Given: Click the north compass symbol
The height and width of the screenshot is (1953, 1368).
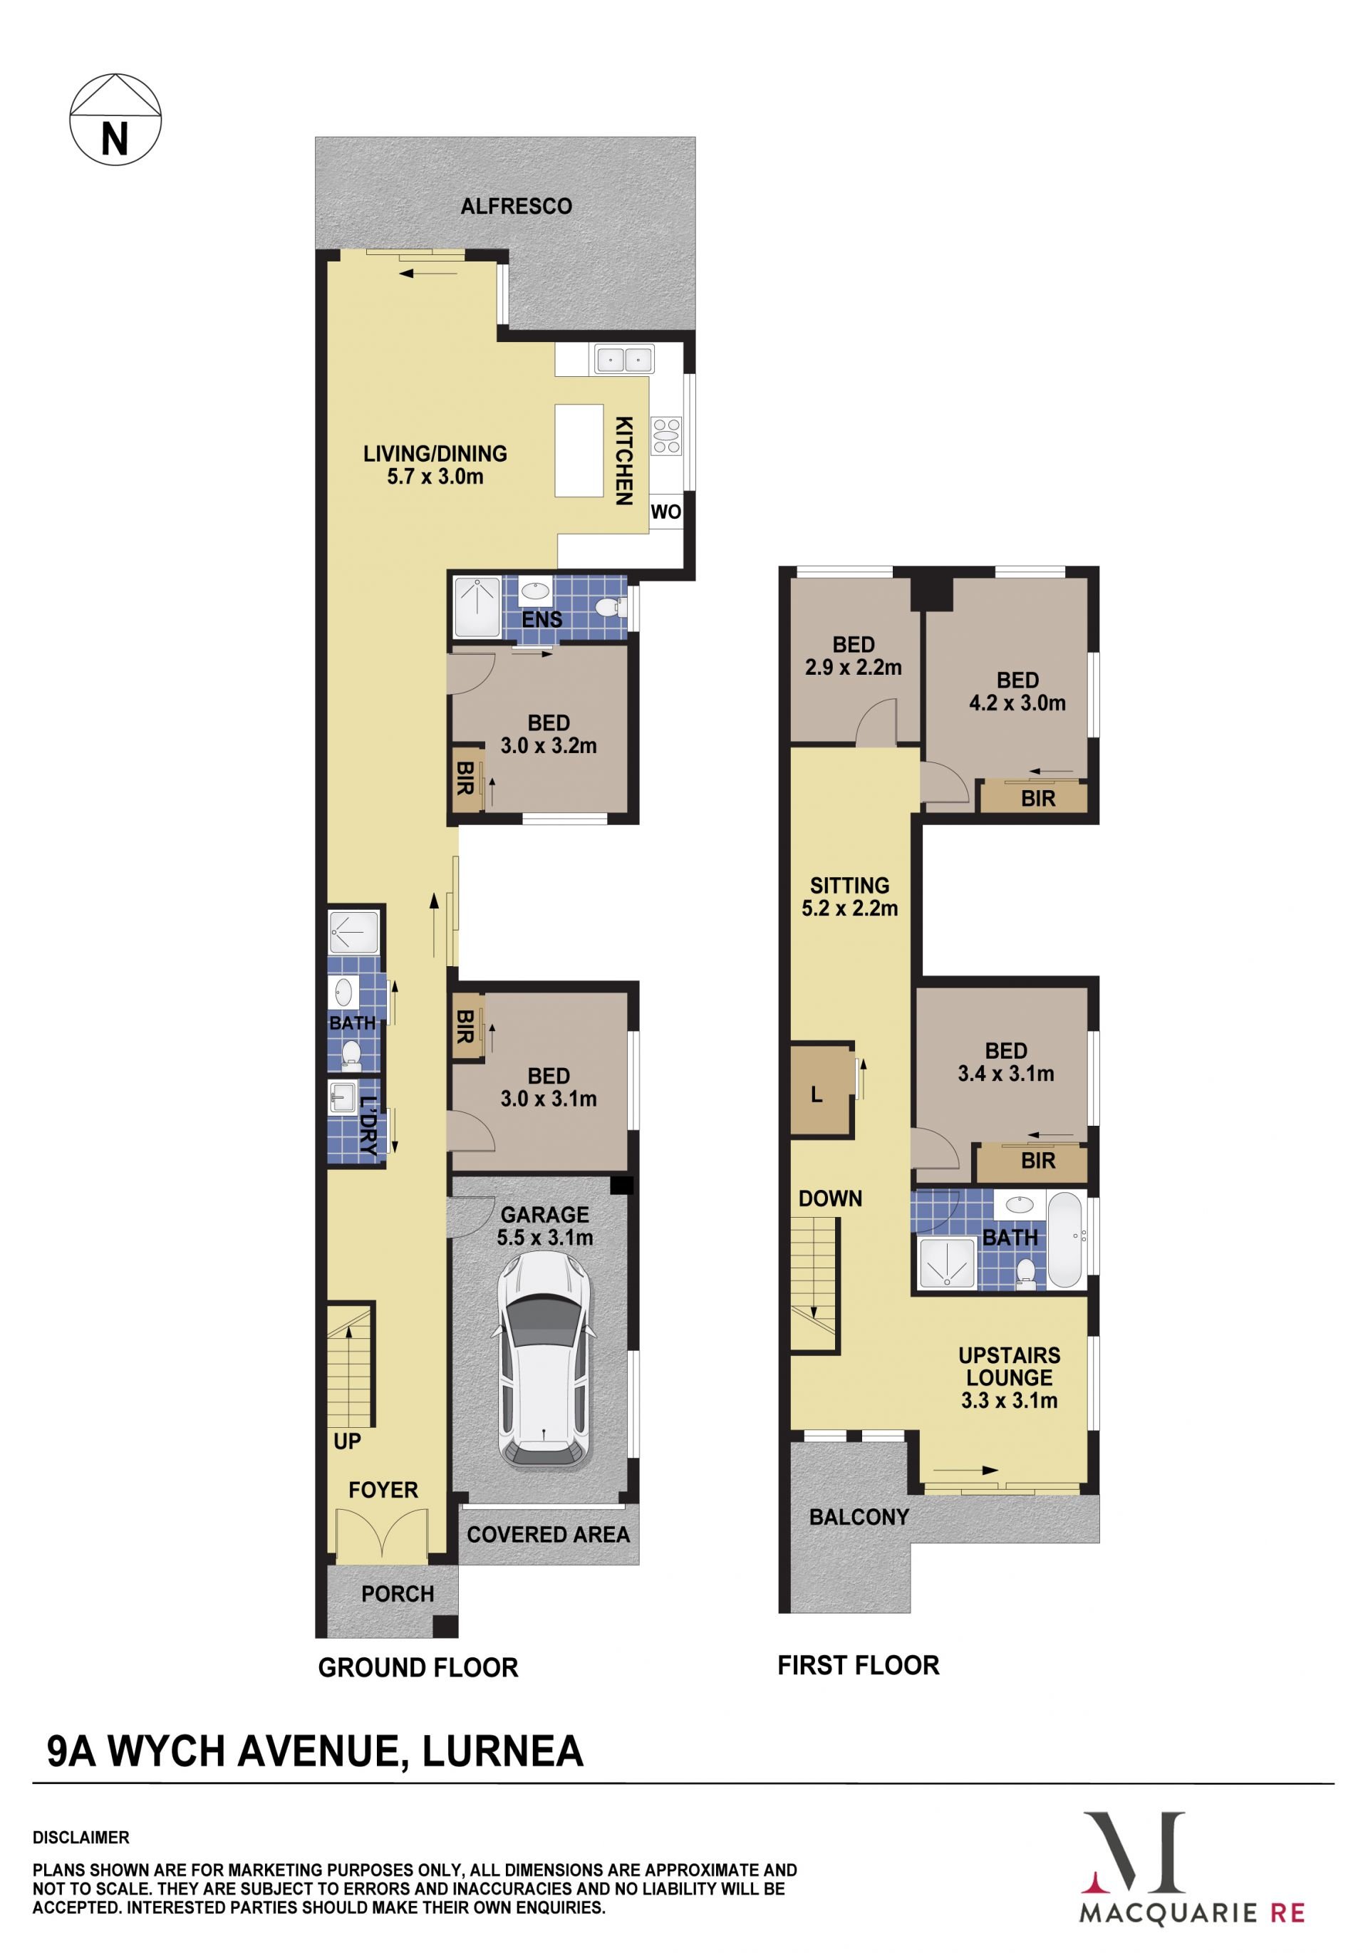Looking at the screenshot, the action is click(x=115, y=119).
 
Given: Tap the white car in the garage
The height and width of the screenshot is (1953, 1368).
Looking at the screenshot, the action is click(x=544, y=1360).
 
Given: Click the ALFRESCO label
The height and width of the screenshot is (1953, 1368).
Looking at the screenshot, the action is click(x=517, y=206).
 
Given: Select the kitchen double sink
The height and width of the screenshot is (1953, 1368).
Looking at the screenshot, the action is click(x=624, y=360).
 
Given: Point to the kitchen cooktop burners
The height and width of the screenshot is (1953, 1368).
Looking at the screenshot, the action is click(x=665, y=435).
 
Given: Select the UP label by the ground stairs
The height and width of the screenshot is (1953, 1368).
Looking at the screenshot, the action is click(x=347, y=1441).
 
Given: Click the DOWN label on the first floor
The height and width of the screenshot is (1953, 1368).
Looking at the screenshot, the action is click(x=830, y=1198).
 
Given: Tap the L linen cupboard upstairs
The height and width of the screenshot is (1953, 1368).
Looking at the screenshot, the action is click(x=821, y=1090).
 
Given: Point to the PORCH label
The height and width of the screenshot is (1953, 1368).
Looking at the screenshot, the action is click(x=398, y=1594).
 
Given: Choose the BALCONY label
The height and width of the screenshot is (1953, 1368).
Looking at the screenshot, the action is click(x=859, y=1517).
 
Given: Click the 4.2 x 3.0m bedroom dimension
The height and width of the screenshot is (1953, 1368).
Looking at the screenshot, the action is click(x=1017, y=703).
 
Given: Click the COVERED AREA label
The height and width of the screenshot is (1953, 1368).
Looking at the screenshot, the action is click(x=549, y=1535).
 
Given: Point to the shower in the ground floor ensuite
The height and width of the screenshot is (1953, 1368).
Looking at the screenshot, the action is click(x=477, y=606).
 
